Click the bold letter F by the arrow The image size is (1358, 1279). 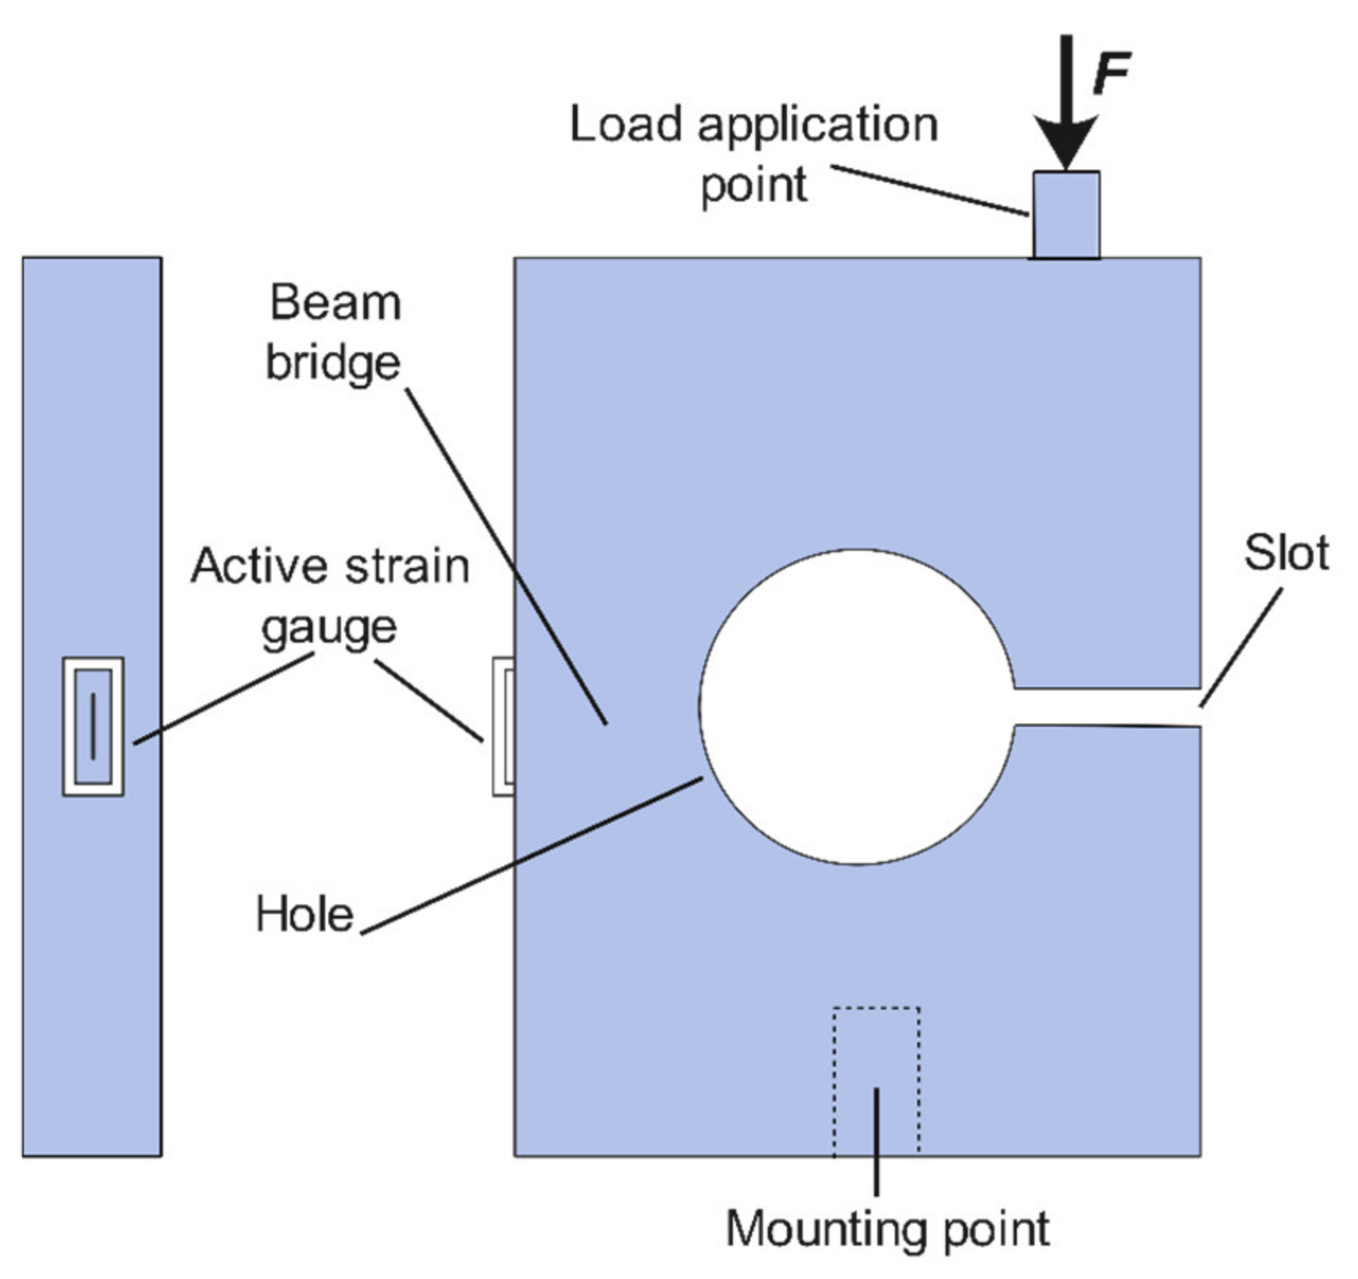pyautogui.click(x=1111, y=73)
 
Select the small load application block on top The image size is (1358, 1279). pyautogui.click(x=1065, y=214)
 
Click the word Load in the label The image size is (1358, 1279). pyautogui.click(x=625, y=125)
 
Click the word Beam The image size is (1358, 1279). pyautogui.click(x=336, y=303)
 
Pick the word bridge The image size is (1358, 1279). pyautogui.click(x=333, y=364)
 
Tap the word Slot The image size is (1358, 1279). pyautogui.click(x=1285, y=553)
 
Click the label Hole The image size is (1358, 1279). pyautogui.click(x=304, y=914)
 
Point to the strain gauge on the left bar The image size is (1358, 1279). pyautogui.click(x=93, y=726)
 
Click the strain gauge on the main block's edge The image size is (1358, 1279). pyautogui.click(x=503, y=726)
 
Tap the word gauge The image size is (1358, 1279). pyautogui.click(x=328, y=628)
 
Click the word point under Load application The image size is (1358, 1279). pyautogui.click(x=753, y=186)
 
